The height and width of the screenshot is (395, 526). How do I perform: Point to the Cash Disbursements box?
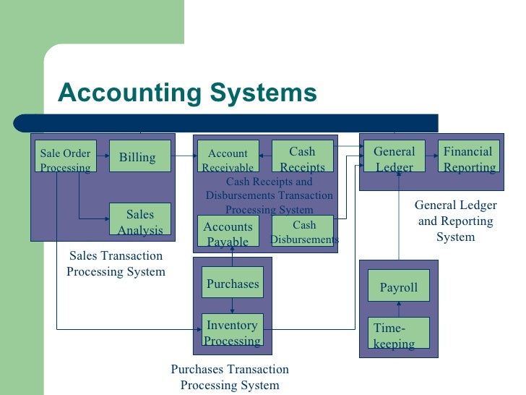coord(303,232)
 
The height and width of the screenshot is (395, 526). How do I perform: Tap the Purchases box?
coord(232,283)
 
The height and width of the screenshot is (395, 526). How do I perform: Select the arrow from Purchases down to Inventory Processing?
coord(232,305)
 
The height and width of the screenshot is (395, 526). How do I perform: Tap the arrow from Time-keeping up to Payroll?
coord(399,309)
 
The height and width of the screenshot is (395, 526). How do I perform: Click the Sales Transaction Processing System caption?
coord(116,264)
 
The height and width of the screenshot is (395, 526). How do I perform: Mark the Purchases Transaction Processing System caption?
coord(230,377)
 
